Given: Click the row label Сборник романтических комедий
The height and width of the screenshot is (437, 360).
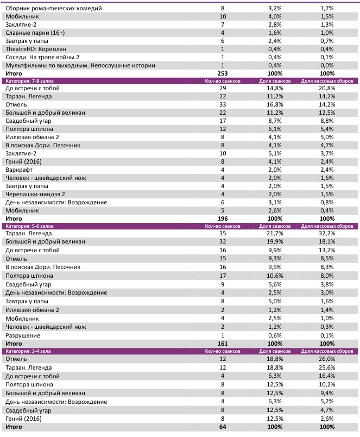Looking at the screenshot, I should [x=53, y=9].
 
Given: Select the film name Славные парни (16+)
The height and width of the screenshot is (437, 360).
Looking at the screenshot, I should [x=35, y=33].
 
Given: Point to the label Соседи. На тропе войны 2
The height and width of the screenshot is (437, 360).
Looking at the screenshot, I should [x=42, y=57].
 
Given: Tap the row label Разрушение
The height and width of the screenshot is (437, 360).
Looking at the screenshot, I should [x=23, y=335].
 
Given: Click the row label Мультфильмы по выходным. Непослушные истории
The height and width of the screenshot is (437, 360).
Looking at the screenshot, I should [x=80, y=65].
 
